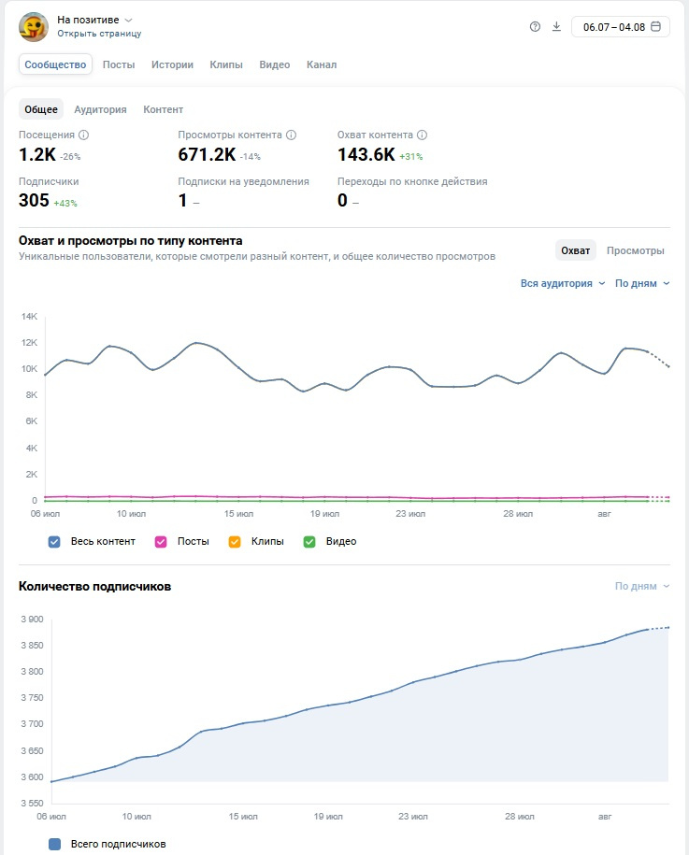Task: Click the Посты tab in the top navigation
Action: (x=119, y=64)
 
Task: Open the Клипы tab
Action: (x=226, y=64)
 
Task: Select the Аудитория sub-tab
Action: (x=100, y=109)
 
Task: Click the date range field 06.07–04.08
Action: (x=621, y=27)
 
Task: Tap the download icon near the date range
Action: (x=556, y=27)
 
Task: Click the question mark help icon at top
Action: (x=535, y=27)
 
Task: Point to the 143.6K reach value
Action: (x=366, y=155)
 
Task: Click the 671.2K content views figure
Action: (x=207, y=155)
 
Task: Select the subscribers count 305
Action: (x=34, y=201)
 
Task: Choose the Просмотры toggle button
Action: (x=636, y=250)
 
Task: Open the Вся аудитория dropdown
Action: (x=563, y=283)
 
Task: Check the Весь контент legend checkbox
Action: (x=54, y=541)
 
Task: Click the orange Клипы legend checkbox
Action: (x=235, y=541)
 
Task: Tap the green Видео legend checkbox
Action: (x=309, y=541)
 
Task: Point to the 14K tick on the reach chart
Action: (x=30, y=316)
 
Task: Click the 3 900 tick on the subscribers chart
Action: (x=32, y=619)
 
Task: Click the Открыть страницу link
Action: (x=99, y=34)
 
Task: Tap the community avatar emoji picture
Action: (x=34, y=27)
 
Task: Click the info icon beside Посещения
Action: (x=83, y=135)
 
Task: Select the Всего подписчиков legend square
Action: (x=54, y=844)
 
